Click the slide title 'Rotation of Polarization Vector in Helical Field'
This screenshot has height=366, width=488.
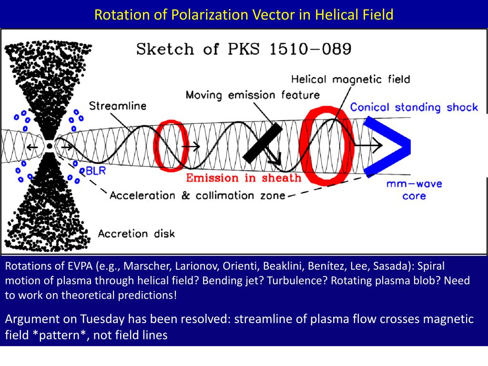click(244, 15)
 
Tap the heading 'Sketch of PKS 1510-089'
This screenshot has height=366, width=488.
click(244, 49)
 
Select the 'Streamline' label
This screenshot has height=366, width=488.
click(118, 106)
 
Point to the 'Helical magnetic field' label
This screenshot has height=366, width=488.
click(350, 79)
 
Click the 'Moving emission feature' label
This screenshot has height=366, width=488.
click(253, 95)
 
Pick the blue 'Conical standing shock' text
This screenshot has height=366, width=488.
click(414, 107)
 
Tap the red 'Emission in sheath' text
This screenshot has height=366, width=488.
click(244, 178)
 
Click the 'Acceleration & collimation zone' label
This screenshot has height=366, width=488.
click(197, 195)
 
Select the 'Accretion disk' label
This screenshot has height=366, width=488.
click(136, 234)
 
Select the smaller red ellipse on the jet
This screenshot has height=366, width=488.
click(167, 146)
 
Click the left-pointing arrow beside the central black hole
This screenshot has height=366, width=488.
click(32, 147)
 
